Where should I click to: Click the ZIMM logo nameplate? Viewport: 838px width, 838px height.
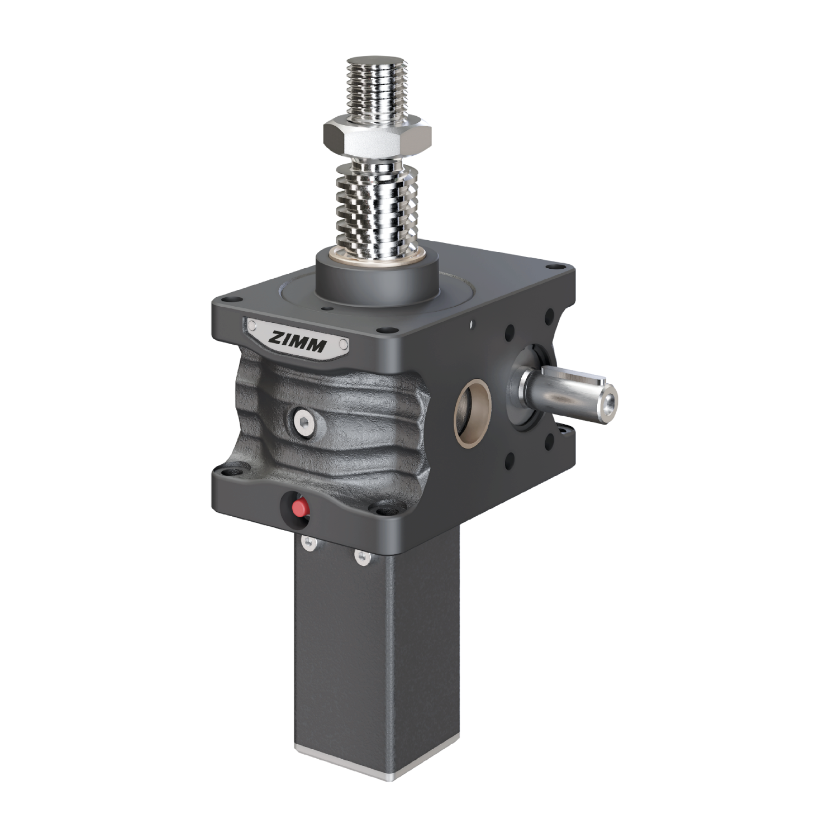pos(298,338)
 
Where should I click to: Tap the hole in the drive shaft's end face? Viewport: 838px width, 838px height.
pos(607,402)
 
